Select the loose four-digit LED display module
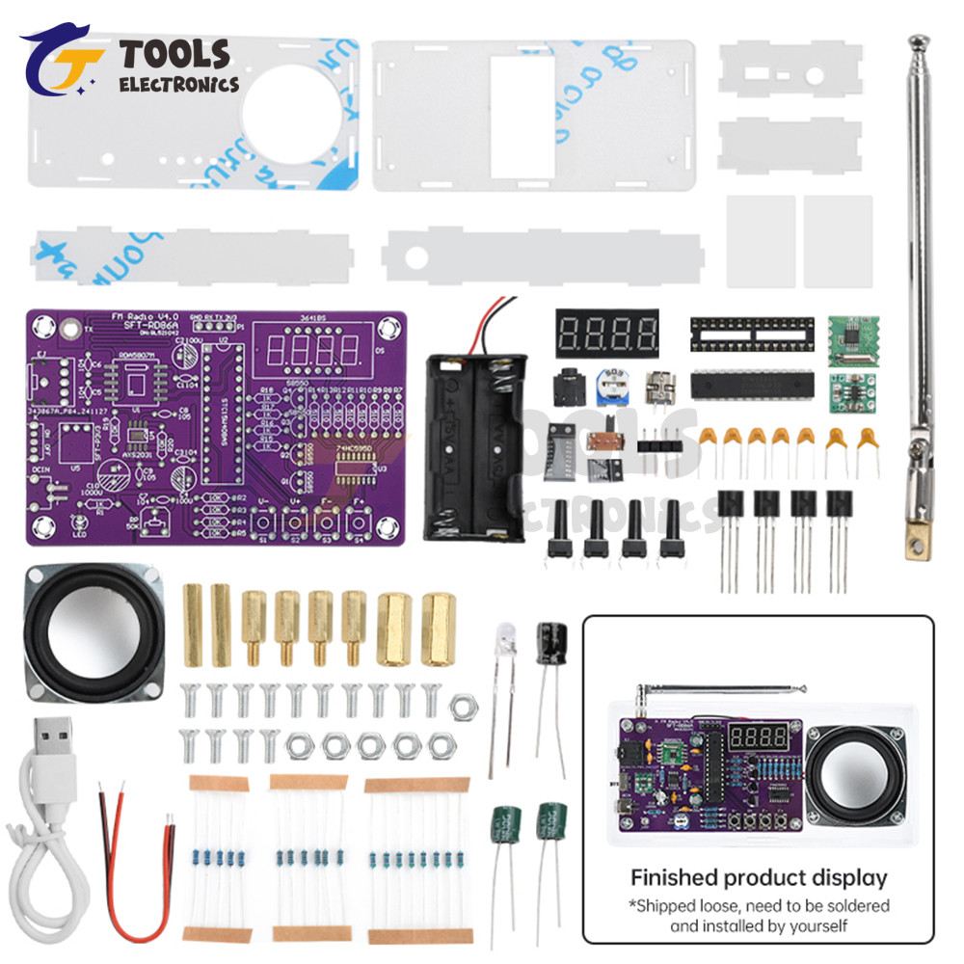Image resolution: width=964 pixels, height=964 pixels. pos(606,334)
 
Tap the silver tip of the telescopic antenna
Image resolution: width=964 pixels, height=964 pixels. pos(918,42)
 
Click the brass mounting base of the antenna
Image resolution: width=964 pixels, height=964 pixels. pos(916,541)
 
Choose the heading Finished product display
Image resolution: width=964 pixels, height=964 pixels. pos(758,877)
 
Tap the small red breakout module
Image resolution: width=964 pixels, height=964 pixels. pos(849,391)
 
